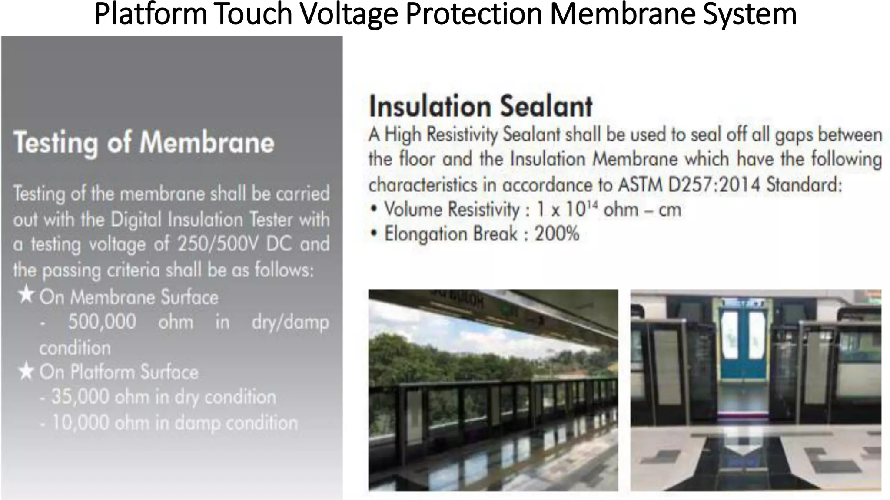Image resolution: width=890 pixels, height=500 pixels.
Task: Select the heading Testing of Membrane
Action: [x=144, y=143]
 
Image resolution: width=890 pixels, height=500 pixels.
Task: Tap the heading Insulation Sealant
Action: [x=480, y=106]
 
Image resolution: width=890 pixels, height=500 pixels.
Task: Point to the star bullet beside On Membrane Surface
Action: [x=27, y=296]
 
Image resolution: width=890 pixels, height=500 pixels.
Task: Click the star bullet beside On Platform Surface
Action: [x=27, y=372]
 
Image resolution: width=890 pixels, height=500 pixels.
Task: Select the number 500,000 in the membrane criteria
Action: [x=102, y=322]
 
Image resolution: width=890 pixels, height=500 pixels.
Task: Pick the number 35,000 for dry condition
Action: [x=80, y=397]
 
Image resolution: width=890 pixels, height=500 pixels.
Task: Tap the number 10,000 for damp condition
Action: [x=80, y=422]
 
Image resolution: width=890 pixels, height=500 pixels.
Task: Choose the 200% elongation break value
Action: [x=557, y=234]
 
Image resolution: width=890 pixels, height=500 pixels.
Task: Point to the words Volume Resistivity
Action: [x=452, y=210]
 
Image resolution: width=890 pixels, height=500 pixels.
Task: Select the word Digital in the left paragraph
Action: [x=139, y=220]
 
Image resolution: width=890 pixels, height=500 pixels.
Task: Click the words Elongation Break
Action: [x=451, y=234]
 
